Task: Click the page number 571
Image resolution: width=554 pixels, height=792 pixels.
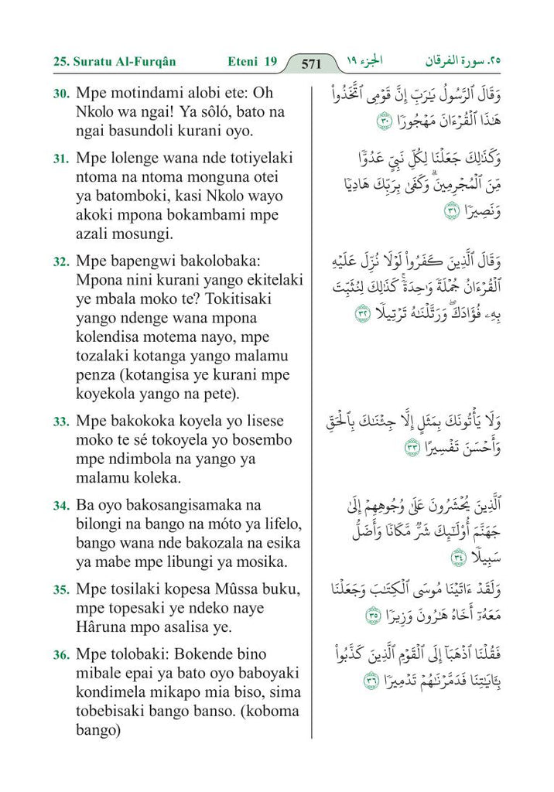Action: (311, 64)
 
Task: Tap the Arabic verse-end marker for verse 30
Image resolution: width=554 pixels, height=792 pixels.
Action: (385, 121)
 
